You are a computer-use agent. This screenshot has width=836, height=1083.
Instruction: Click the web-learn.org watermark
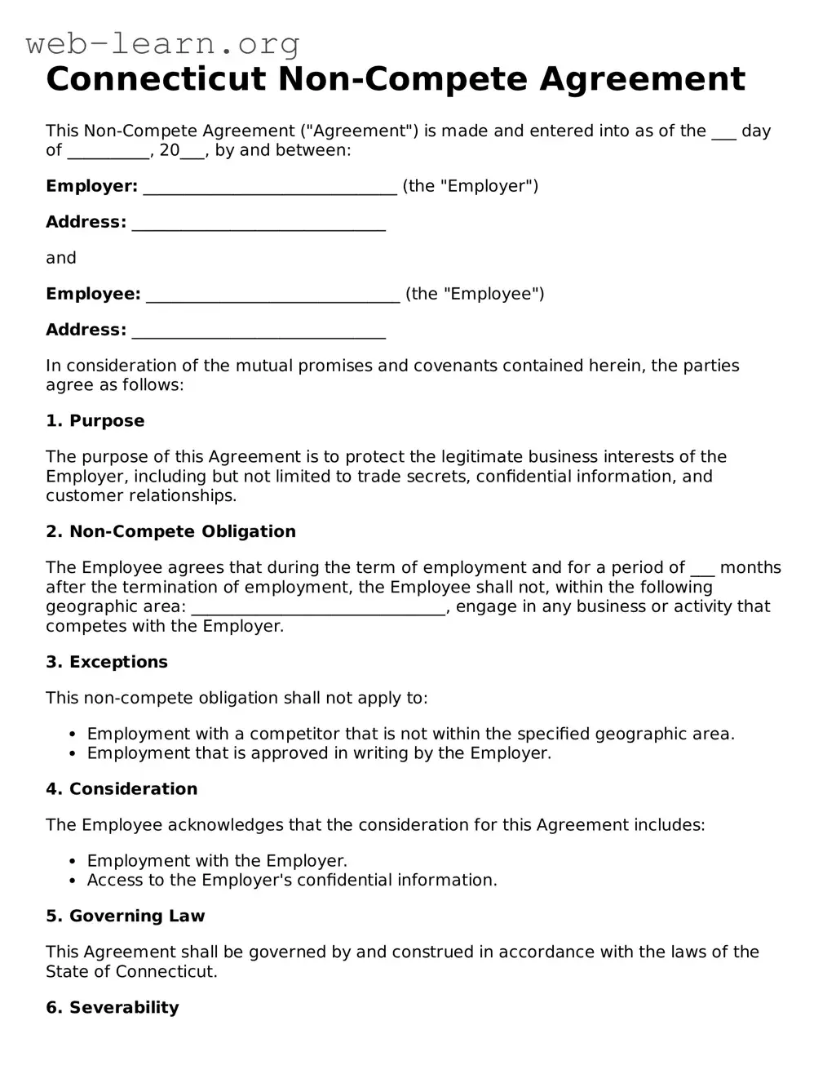pos(163,43)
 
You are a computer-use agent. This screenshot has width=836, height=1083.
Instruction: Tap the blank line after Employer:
pos(270,188)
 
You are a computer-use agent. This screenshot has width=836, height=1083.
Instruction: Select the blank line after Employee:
pos(273,295)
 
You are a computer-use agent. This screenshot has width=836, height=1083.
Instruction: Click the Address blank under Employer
pos(259,224)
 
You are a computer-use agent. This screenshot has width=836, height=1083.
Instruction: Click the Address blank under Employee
pos(259,331)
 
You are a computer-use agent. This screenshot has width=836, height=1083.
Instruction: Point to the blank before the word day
pos(723,133)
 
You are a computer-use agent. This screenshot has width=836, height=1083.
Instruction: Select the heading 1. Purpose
pos(95,421)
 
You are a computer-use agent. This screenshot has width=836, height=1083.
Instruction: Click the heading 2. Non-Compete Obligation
pos(170,532)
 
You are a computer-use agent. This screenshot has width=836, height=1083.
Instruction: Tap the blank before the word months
pos(702,570)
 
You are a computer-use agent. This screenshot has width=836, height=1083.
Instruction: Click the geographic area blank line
pos(318,608)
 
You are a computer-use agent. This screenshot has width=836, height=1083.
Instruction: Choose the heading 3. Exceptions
pos(106,663)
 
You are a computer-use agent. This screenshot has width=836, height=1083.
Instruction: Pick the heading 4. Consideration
pos(122,789)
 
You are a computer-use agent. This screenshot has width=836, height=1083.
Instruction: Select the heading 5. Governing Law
pos(125,917)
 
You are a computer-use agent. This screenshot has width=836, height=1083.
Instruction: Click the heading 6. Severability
pos(112,1008)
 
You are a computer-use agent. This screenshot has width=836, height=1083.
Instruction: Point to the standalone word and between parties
pos(60,259)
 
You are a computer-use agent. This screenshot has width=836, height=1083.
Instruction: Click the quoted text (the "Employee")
pos(475,295)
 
